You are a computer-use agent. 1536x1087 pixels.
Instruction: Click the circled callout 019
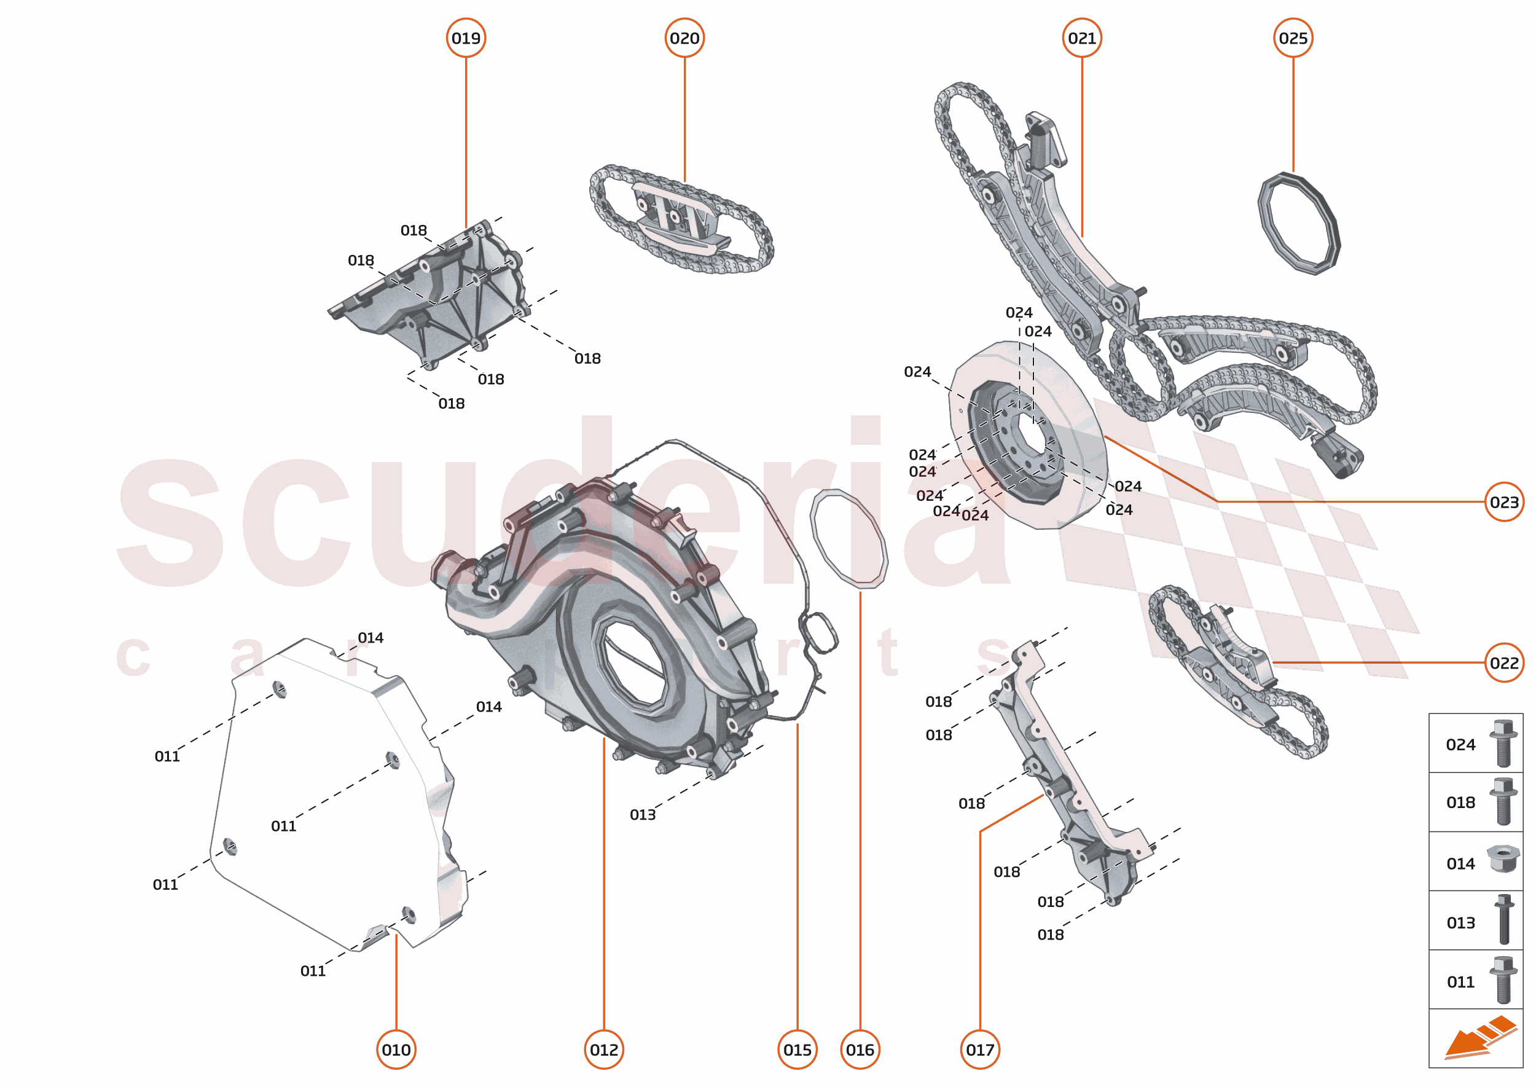tap(466, 38)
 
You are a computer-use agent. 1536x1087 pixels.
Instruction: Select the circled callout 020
tap(684, 38)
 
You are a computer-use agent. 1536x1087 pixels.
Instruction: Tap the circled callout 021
tap(1081, 38)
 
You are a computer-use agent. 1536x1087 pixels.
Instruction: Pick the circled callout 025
tap(1292, 38)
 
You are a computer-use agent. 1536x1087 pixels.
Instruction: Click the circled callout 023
tap(1504, 502)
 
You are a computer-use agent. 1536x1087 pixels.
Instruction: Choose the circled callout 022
tap(1504, 662)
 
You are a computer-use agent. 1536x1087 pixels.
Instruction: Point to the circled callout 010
tap(396, 1050)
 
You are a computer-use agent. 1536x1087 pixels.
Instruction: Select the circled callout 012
tap(604, 1050)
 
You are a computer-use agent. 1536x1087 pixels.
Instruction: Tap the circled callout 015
tap(797, 1050)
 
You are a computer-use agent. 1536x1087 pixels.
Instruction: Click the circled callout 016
tap(860, 1050)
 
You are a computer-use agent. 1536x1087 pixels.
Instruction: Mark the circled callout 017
tap(980, 1050)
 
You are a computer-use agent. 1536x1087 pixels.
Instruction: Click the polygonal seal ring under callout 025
tap(1298, 224)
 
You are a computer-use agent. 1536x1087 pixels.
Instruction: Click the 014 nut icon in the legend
tap(1503, 859)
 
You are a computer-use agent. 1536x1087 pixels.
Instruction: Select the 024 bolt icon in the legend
tap(1503, 743)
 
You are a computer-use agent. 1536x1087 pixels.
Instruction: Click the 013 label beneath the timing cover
tap(643, 815)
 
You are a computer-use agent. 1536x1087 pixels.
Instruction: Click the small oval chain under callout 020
tap(681, 219)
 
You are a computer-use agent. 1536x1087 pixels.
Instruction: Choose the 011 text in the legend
tap(1460, 982)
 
